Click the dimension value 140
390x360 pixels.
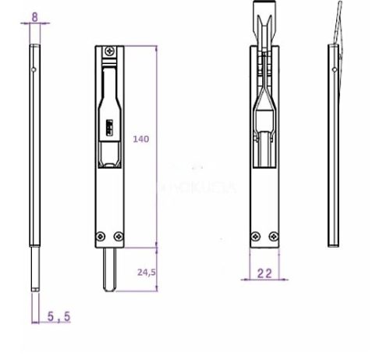[x=141, y=139]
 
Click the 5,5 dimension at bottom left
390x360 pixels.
[x=58, y=317]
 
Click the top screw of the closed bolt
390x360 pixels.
[x=108, y=52]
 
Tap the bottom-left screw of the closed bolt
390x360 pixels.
[x=98, y=237]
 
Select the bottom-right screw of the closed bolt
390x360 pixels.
[x=117, y=237]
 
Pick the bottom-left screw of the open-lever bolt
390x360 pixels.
[x=253, y=237]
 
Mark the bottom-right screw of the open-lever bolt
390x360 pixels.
[x=272, y=237]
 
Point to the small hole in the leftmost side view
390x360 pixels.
[x=32, y=72]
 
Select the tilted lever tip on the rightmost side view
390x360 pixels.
[x=335, y=23]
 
